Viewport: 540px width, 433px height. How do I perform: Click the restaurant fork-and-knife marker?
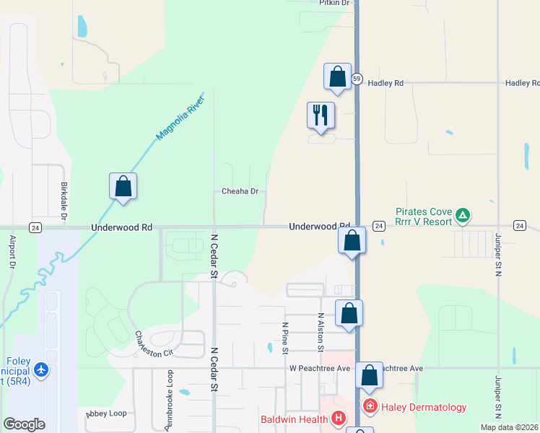[321, 115]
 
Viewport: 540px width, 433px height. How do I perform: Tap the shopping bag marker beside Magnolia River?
[123, 186]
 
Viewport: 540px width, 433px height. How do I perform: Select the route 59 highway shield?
[357, 78]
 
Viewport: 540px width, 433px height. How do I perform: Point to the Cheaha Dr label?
[240, 192]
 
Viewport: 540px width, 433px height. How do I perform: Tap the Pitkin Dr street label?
[334, 4]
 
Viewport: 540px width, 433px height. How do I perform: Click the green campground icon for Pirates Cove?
[463, 215]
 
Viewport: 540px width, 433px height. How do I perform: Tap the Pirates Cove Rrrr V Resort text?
[423, 217]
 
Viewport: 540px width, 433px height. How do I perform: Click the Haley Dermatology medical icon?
[370, 407]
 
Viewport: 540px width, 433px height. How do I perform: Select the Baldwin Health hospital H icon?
[338, 419]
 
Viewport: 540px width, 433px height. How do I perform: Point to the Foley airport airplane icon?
[41, 370]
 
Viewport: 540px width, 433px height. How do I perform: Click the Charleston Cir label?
[154, 344]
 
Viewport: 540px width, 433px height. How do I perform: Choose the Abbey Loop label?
[106, 414]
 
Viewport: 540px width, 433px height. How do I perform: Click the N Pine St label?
[285, 338]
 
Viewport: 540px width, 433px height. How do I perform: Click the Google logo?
[24, 424]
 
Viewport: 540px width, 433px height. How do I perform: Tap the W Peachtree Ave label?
[320, 369]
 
